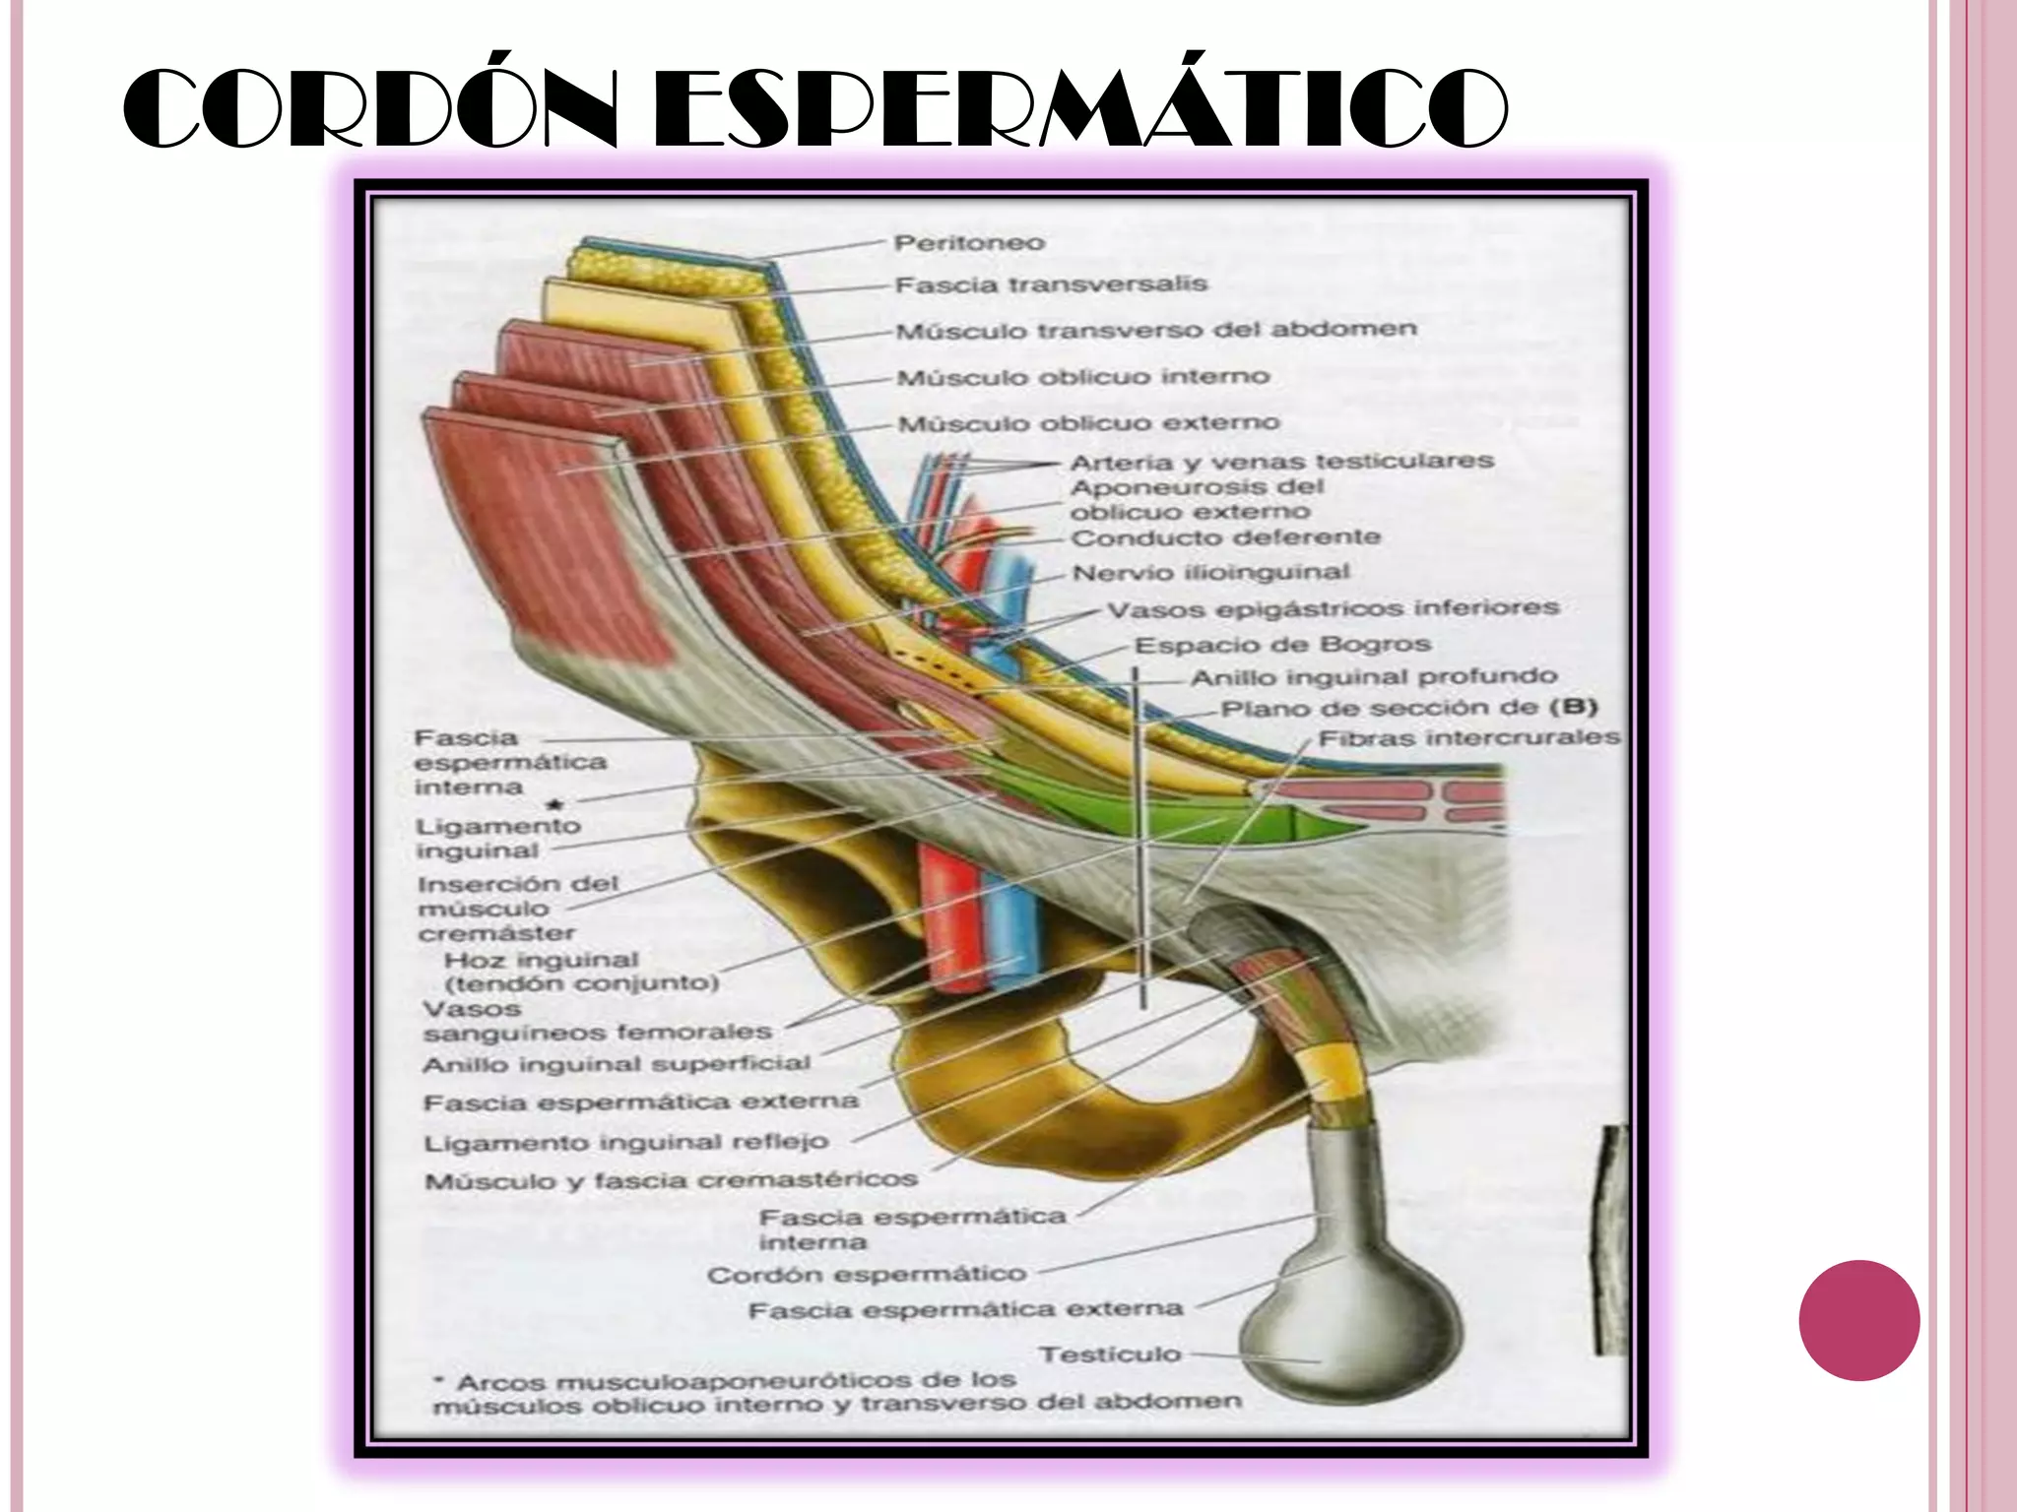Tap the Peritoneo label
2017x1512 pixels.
pyautogui.click(x=969, y=242)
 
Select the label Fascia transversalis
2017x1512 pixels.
pyautogui.click(x=1051, y=284)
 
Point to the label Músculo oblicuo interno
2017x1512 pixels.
pyautogui.click(x=1083, y=377)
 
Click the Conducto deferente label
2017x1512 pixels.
pyautogui.click(x=1225, y=537)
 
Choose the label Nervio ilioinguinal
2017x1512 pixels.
pyautogui.click(x=1210, y=573)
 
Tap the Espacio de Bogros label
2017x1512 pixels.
pyautogui.click(x=1282, y=645)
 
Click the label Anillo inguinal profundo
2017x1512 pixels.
pyautogui.click(x=1374, y=677)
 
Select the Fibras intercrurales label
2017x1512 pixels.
pyautogui.click(x=1468, y=737)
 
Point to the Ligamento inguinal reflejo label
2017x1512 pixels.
pyautogui.click(x=625, y=1143)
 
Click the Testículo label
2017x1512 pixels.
pyautogui.click(x=1110, y=1354)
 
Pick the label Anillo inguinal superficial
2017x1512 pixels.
pyautogui.click(x=617, y=1064)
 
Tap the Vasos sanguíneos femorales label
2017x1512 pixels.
pyautogui.click(x=597, y=1021)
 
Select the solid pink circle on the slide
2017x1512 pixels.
pyautogui.click(x=1858, y=1320)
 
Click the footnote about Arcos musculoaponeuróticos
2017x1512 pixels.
pyautogui.click(x=837, y=1393)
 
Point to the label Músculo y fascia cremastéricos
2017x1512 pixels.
pyautogui.click(x=671, y=1179)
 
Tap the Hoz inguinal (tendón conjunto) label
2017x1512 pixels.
pyautogui.click(x=581, y=972)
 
